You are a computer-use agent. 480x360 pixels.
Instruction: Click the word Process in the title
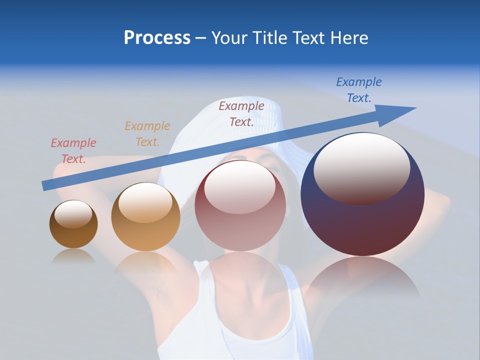[x=157, y=38]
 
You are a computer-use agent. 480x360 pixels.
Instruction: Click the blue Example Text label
[x=358, y=90]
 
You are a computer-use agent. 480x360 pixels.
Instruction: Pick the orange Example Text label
[x=147, y=133]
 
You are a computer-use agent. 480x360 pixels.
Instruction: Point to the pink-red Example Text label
[x=73, y=150]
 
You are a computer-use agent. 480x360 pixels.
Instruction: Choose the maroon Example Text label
[x=241, y=113]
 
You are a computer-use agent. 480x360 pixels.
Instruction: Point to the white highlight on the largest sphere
[x=361, y=167]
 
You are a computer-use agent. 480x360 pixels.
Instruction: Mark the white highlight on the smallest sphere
[x=73, y=214]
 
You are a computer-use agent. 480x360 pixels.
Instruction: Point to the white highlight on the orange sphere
[x=145, y=202]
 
